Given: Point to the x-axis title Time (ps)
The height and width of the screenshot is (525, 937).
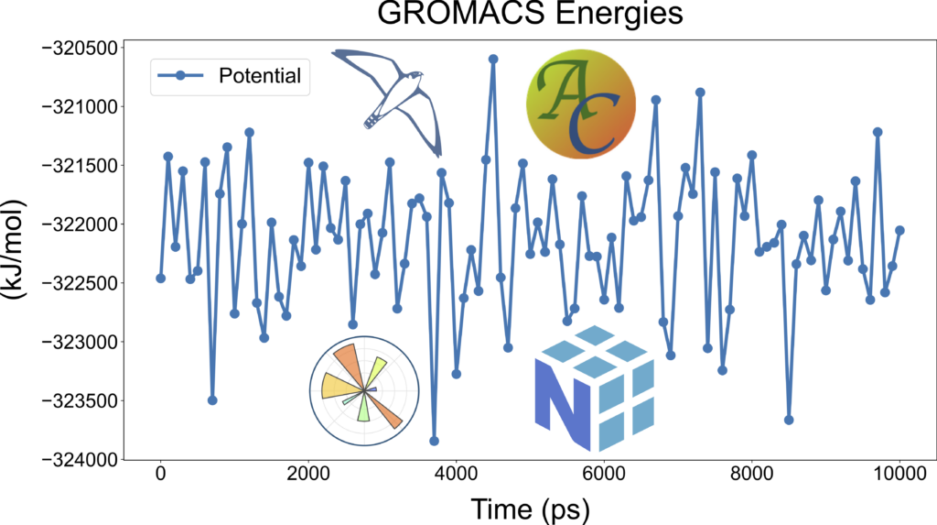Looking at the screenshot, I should click(x=530, y=508).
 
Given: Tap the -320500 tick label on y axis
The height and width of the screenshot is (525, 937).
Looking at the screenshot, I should click(x=80, y=48).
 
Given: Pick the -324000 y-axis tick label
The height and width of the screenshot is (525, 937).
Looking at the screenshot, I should click(x=80, y=460).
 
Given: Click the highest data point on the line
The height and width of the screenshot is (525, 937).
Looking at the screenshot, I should click(x=493, y=59).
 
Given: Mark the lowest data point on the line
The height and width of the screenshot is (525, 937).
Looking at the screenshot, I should click(x=434, y=441).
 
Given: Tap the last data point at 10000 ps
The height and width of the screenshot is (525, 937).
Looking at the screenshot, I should click(x=899, y=230).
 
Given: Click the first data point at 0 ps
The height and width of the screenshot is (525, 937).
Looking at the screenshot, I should click(x=161, y=278).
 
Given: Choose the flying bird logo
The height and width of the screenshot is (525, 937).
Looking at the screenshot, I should click(x=389, y=96).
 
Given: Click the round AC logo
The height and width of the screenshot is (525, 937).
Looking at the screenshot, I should click(x=580, y=103).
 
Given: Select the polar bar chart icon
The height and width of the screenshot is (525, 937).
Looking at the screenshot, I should click(x=364, y=389).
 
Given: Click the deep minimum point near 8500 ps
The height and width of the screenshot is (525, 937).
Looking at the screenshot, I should click(x=789, y=420).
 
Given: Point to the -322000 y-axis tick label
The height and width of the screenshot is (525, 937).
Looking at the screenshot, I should click(x=80, y=224).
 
